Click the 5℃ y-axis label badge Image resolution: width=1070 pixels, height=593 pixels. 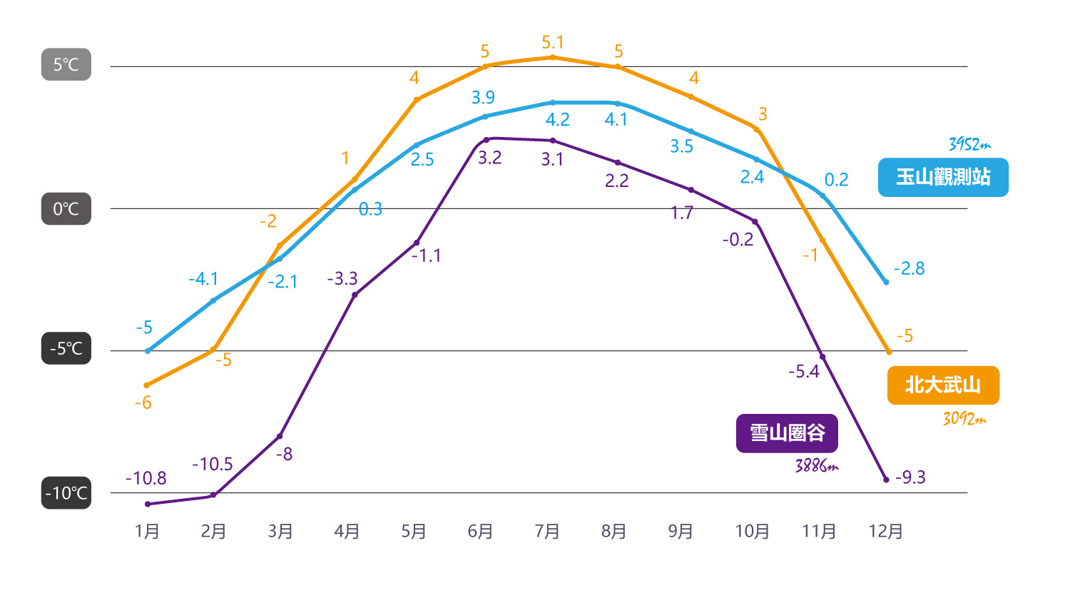pos(66,64)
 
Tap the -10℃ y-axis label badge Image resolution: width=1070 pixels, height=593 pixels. pos(66,492)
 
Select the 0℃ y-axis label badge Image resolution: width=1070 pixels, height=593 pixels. pos(66,209)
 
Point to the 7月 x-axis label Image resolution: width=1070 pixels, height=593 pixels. pos(547,531)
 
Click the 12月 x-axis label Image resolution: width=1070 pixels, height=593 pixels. pos(886,531)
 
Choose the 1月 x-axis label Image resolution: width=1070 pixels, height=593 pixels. pos(147,531)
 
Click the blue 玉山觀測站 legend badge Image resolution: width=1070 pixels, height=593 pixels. pos(943,177)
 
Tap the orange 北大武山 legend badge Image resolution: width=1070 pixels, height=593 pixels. pos(943,385)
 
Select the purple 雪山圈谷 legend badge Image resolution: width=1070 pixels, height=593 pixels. pos(787,433)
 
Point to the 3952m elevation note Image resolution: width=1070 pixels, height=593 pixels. pos(969,144)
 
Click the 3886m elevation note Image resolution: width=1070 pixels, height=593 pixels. pos(816,465)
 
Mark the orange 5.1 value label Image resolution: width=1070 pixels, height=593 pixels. pos(553,43)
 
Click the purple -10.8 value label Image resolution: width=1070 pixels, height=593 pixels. pos(146,478)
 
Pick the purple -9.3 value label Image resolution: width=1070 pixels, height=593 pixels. pos(910,477)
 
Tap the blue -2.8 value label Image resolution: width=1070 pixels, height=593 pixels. pos(909,268)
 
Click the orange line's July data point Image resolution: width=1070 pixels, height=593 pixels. pos(553,57)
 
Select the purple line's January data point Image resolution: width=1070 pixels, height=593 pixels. pos(148,504)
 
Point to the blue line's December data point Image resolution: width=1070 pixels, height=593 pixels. pos(887,283)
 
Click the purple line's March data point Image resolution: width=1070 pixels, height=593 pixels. pos(280,436)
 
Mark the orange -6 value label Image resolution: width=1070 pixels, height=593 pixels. pos(143,402)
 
